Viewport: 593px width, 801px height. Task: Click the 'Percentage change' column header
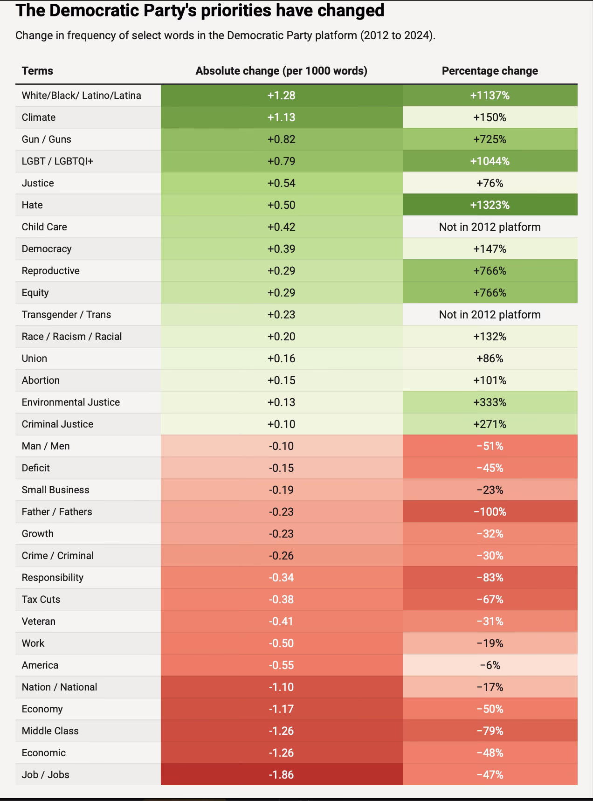pos(490,71)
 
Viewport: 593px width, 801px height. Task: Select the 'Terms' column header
pos(37,71)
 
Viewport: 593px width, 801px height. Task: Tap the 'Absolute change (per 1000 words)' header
pos(281,71)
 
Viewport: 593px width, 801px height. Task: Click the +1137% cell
pos(490,96)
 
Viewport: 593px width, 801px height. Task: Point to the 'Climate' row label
pos(39,117)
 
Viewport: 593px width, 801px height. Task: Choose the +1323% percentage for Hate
pos(490,205)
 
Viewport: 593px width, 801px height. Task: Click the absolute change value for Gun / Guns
pos(281,139)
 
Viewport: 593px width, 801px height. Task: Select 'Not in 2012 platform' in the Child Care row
pos(490,227)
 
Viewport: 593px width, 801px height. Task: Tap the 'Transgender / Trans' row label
pos(66,315)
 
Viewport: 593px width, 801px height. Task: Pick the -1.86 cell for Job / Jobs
pos(281,775)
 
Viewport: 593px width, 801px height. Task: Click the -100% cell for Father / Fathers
pos(490,512)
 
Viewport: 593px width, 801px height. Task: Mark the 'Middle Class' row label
pos(50,731)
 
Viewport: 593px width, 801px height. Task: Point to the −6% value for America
pos(490,665)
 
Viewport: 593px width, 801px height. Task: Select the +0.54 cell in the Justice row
pos(281,183)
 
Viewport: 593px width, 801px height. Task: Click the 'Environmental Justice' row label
pos(71,402)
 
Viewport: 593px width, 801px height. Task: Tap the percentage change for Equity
pos(490,293)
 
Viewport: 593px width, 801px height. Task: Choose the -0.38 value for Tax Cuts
pos(281,600)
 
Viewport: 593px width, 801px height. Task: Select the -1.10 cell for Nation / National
pos(281,687)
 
